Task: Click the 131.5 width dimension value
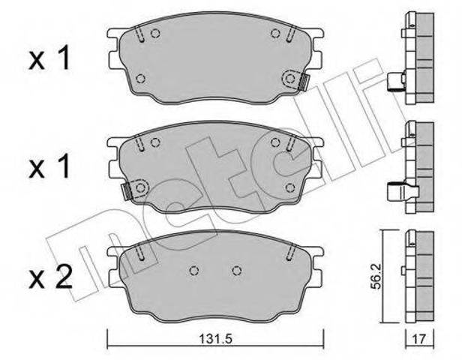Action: pos(216,339)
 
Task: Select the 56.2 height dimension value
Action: pos(376,277)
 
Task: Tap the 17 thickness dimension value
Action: pos(419,340)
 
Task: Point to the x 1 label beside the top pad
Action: pos(49,58)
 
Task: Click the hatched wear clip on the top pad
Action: pos(303,82)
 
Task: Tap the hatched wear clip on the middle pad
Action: pos(127,190)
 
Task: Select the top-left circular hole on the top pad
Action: pos(155,33)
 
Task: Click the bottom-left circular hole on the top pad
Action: pos(141,79)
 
